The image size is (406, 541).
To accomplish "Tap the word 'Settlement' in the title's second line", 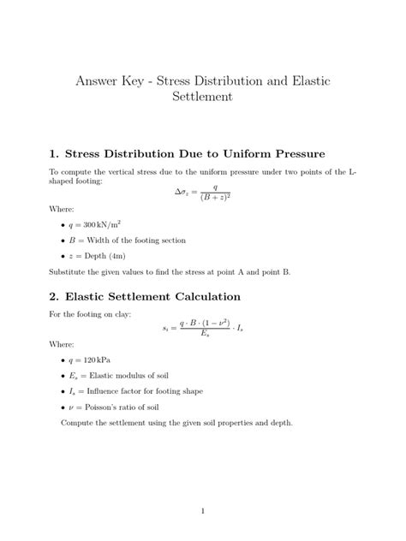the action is coord(202,98).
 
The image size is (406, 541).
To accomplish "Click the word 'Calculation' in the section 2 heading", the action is coord(206,297).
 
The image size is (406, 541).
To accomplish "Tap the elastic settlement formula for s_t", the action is coord(202,328).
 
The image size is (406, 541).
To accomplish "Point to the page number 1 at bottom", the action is coord(202,511).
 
